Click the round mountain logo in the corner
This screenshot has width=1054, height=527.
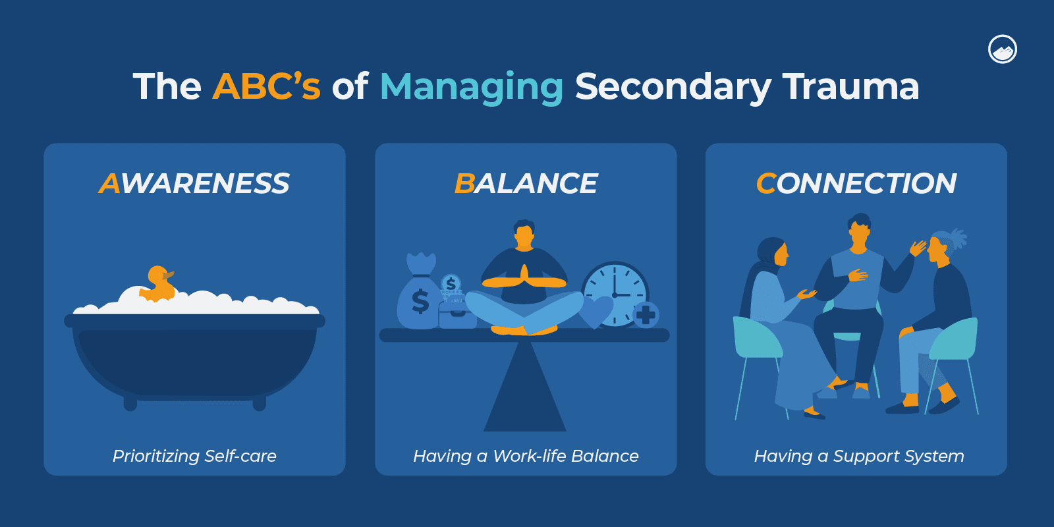[x=1003, y=49]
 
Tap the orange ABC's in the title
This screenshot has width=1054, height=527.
[x=266, y=86]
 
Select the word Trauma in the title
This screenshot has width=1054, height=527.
[x=850, y=86]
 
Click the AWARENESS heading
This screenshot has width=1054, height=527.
[x=194, y=183]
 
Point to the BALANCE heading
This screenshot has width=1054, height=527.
[x=526, y=183]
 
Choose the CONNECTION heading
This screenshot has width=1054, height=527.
[x=856, y=183]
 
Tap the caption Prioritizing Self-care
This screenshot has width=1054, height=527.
[x=194, y=456]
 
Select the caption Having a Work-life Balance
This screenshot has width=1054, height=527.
[x=526, y=456]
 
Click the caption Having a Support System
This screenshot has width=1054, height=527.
[x=859, y=456]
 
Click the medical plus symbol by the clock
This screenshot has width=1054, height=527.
[x=646, y=315]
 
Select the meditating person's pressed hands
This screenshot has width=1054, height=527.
[x=524, y=277]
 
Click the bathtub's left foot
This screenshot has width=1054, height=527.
[x=130, y=402]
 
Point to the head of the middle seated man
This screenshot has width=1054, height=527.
[x=858, y=231]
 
